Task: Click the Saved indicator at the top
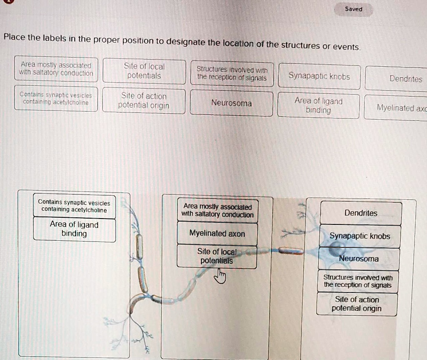pyautogui.click(x=353, y=9)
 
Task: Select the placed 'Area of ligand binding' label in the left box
pyautogui.click(x=74, y=229)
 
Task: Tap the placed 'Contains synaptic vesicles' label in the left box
pyautogui.click(x=74, y=206)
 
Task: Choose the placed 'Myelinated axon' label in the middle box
pyautogui.click(x=217, y=234)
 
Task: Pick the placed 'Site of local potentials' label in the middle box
pyautogui.click(x=217, y=256)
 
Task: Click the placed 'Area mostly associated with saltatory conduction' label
pyautogui.click(x=218, y=211)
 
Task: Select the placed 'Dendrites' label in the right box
pyautogui.click(x=361, y=213)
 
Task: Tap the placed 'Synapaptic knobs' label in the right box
pyautogui.click(x=360, y=236)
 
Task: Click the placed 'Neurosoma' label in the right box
pyautogui.click(x=359, y=259)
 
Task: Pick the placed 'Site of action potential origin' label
pyautogui.click(x=357, y=304)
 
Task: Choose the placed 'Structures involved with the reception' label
pyautogui.click(x=358, y=281)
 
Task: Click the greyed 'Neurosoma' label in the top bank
pyautogui.click(x=231, y=103)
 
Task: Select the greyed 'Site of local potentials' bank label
pyautogui.click(x=144, y=71)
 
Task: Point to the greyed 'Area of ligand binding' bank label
pyautogui.click(x=318, y=106)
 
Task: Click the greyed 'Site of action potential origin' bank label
pyautogui.click(x=144, y=101)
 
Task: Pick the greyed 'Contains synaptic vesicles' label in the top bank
pyautogui.click(x=56, y=98)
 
